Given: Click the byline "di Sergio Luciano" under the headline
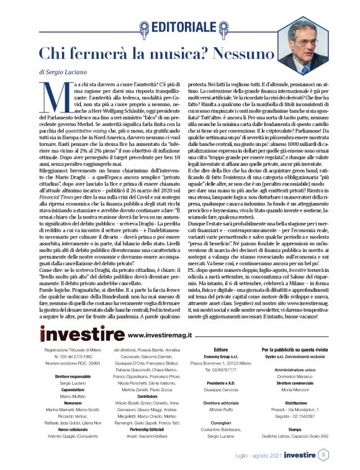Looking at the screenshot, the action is [x=63, y=73].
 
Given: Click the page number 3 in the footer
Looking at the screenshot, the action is [x=323, y=455].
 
